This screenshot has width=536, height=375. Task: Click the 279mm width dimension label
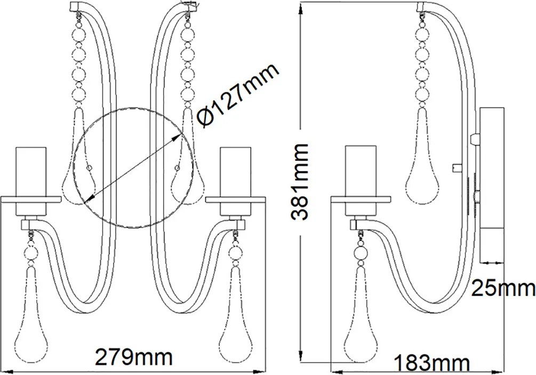click(133, 357)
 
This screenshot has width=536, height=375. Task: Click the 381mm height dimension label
click(299, 181)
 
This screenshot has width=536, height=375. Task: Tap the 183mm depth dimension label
click(432, 363)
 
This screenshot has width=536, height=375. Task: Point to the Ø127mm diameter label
click(238, 95)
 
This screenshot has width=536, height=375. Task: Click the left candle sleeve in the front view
click(31, 181)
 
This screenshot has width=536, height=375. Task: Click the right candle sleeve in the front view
click(236, 181)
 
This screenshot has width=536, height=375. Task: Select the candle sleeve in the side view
click(361, 181)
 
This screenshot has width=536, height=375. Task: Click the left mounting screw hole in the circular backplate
click(89, 167)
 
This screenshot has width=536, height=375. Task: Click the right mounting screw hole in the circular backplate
click(177, 167)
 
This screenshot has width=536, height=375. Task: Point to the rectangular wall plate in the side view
click(492, 185)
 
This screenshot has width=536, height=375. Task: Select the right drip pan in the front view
click(236, 200)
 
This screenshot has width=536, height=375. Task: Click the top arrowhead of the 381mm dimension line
click(301, 9)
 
